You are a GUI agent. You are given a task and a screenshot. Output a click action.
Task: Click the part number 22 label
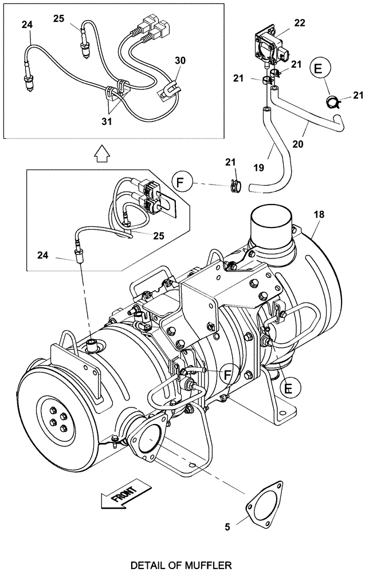[300, 23]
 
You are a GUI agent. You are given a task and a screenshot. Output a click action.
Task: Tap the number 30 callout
[180, 61]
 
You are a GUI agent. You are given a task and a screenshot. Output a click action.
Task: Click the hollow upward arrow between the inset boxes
[101, 154]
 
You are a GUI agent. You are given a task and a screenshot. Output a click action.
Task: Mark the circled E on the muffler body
[289, 387]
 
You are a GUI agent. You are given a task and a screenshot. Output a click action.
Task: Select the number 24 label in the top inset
[27, 25]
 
